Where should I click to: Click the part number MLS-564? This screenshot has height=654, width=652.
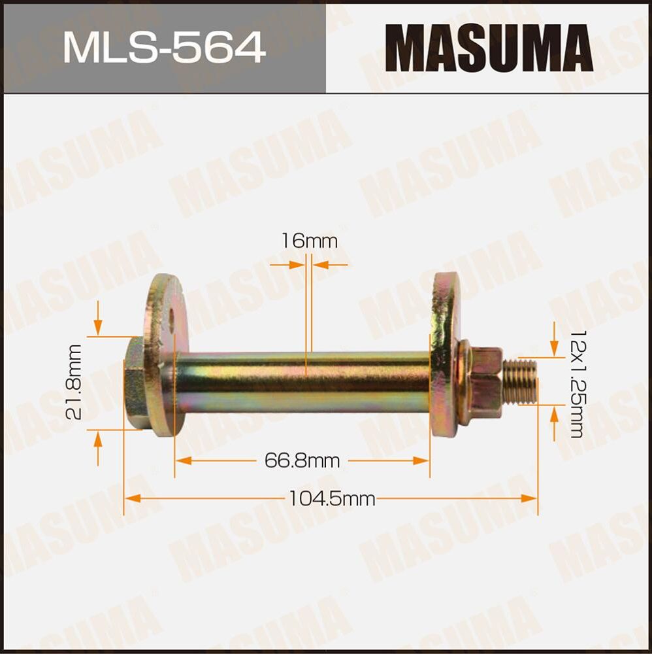[164, 47]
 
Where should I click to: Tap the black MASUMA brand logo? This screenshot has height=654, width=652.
[489, 47]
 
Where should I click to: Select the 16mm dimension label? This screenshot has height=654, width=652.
[309, 241]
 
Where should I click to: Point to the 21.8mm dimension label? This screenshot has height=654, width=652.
[74, 383]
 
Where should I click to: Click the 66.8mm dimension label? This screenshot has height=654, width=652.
[302, 461]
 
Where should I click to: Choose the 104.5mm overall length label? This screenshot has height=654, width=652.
[331, 500]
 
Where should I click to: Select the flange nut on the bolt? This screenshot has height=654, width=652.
[481, 383]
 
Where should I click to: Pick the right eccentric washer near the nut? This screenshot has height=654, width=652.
[444, 353]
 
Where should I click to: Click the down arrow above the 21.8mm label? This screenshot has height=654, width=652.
[98, 328]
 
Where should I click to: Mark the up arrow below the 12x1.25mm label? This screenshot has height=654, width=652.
[554, 412]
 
